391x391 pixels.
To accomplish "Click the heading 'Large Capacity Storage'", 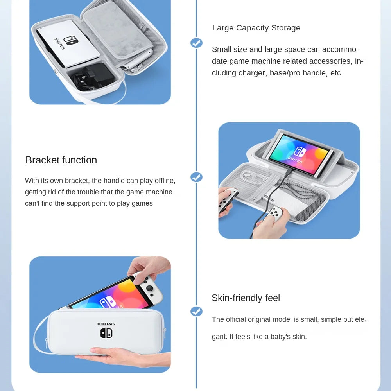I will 256,28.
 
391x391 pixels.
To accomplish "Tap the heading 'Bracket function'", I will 61,160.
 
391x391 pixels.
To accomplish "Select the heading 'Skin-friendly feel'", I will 246,298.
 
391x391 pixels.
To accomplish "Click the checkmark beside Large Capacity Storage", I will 196,43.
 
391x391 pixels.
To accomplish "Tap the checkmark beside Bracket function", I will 196,177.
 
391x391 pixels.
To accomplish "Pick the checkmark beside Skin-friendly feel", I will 196,311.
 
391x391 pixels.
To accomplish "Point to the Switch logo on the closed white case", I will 106,332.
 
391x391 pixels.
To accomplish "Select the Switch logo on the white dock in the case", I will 71,40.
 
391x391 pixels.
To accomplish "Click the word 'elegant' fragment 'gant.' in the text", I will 219,337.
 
